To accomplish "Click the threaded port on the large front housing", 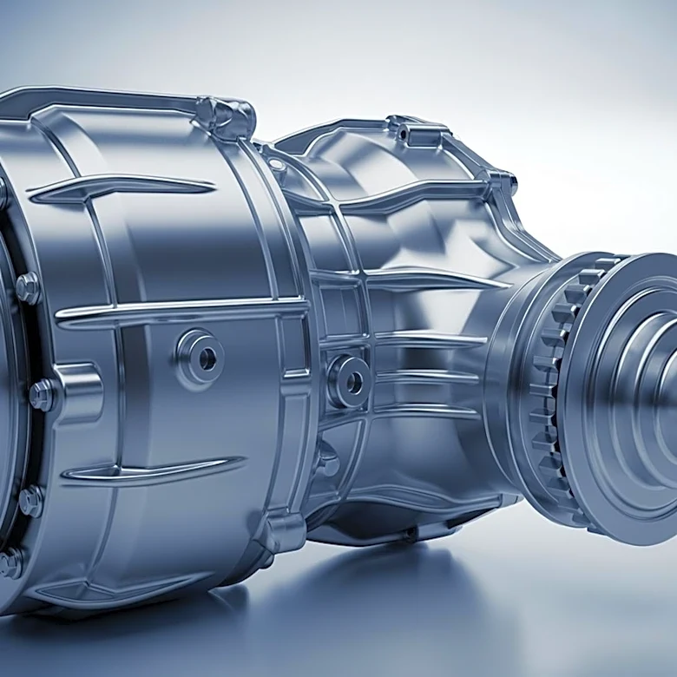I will [200, 355].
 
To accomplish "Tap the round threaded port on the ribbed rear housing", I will [349, 380].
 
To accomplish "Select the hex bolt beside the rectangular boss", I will [42, 395].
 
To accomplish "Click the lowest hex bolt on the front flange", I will [10, 563].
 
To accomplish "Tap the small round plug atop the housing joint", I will [277, 164].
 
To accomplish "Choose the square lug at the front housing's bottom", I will [282, 530].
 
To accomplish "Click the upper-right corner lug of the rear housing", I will [503, 183].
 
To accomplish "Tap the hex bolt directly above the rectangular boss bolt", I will [27, 288].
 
